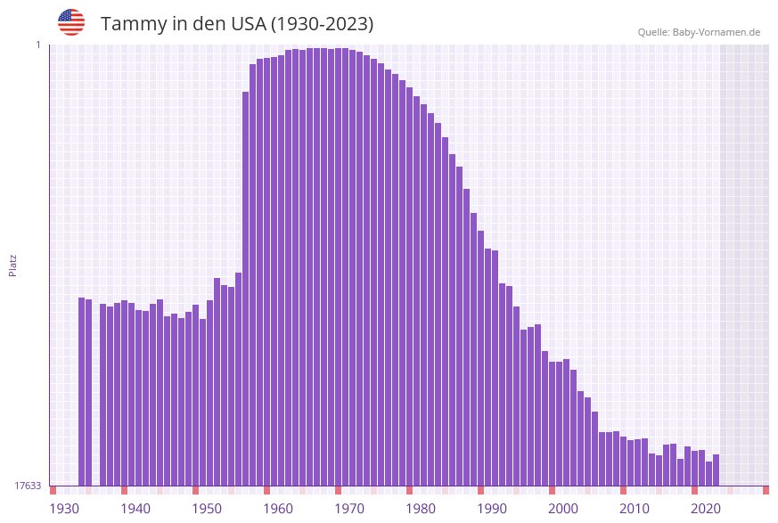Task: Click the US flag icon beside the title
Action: point(71,22)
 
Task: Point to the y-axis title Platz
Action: point(13,265)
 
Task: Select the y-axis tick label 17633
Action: point(28,486)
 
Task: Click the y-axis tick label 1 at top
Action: point(37,45)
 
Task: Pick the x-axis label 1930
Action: point(64,509)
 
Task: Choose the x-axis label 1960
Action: point(278,509)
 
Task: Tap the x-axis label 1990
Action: point(492,509)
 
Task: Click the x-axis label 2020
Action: point(706,509)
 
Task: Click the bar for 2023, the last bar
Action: point(716,470)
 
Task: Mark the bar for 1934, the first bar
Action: point(81,391)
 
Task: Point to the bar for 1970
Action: point(338,266)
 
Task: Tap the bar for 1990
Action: point(480,357)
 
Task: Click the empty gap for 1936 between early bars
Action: point(95,392)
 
